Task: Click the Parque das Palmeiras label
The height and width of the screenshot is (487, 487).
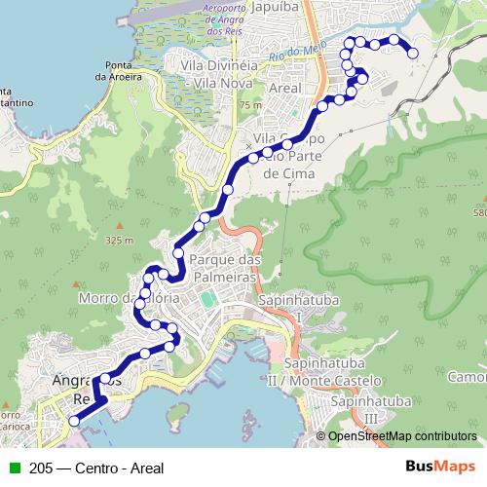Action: tap(226, 269)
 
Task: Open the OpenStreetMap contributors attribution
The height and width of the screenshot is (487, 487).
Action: tap(401, 437)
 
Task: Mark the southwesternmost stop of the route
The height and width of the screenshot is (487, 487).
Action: tap(73, 421)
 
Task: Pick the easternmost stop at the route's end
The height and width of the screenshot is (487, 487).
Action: tap(413, 53)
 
